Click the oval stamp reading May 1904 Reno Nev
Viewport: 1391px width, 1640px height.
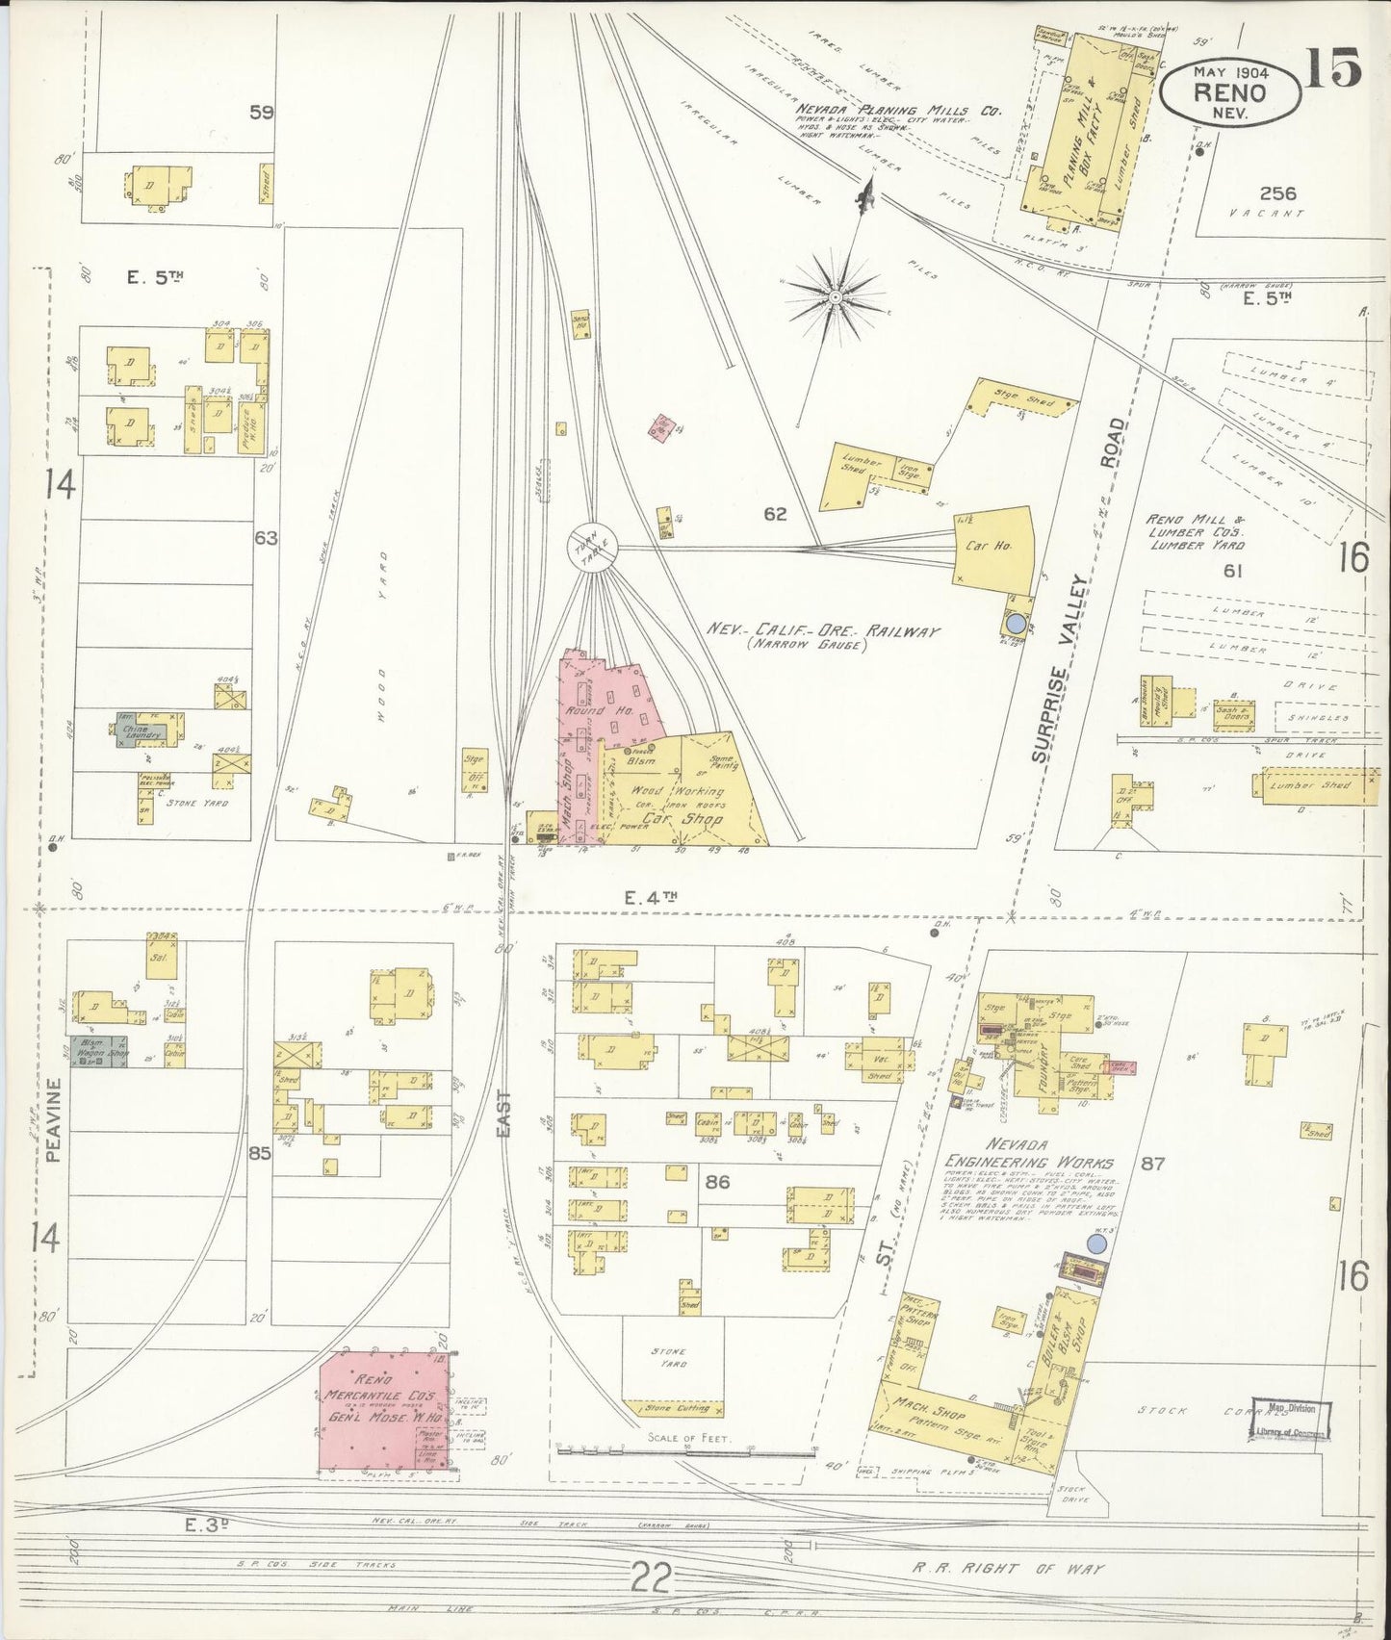[1229, 91]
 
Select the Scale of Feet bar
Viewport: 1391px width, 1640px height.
[687, 1447]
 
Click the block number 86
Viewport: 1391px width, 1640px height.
[716, 1183]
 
